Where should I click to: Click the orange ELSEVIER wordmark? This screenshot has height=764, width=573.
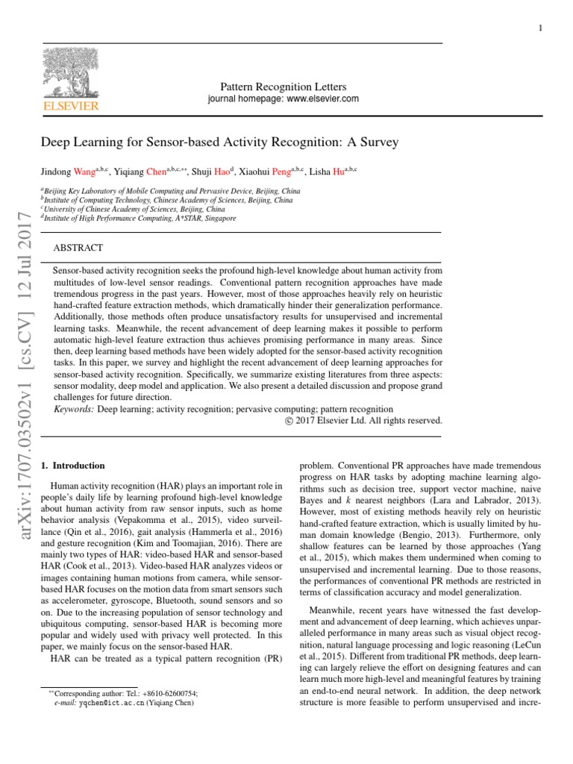[70, 107]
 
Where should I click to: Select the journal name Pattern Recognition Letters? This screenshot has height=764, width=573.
[277, 87]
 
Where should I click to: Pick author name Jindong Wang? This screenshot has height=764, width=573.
[67, 172]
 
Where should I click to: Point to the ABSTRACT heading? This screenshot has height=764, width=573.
[78, 247]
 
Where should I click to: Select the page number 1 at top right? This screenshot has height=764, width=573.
[539, 28]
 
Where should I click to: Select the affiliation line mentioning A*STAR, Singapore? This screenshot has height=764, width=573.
[141, 219]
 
